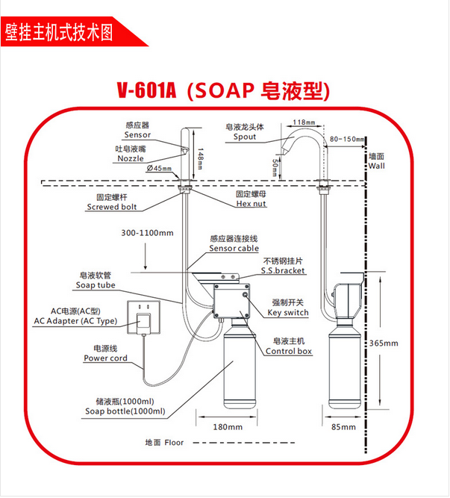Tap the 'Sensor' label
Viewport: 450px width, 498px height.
pos(137,135)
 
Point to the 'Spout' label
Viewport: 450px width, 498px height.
pos(244,137)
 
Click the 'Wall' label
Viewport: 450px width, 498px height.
pos(377,166)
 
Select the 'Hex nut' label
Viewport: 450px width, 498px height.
pos(251,203)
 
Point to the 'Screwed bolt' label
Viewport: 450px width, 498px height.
pos(112,207)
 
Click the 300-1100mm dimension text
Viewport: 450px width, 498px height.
pos(147,233)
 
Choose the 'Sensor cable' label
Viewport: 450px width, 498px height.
pos(234,248)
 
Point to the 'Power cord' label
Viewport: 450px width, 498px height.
pos(105,358)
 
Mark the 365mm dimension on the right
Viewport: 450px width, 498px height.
pos(385,343)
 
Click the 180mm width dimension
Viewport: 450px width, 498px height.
pos(228,427)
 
